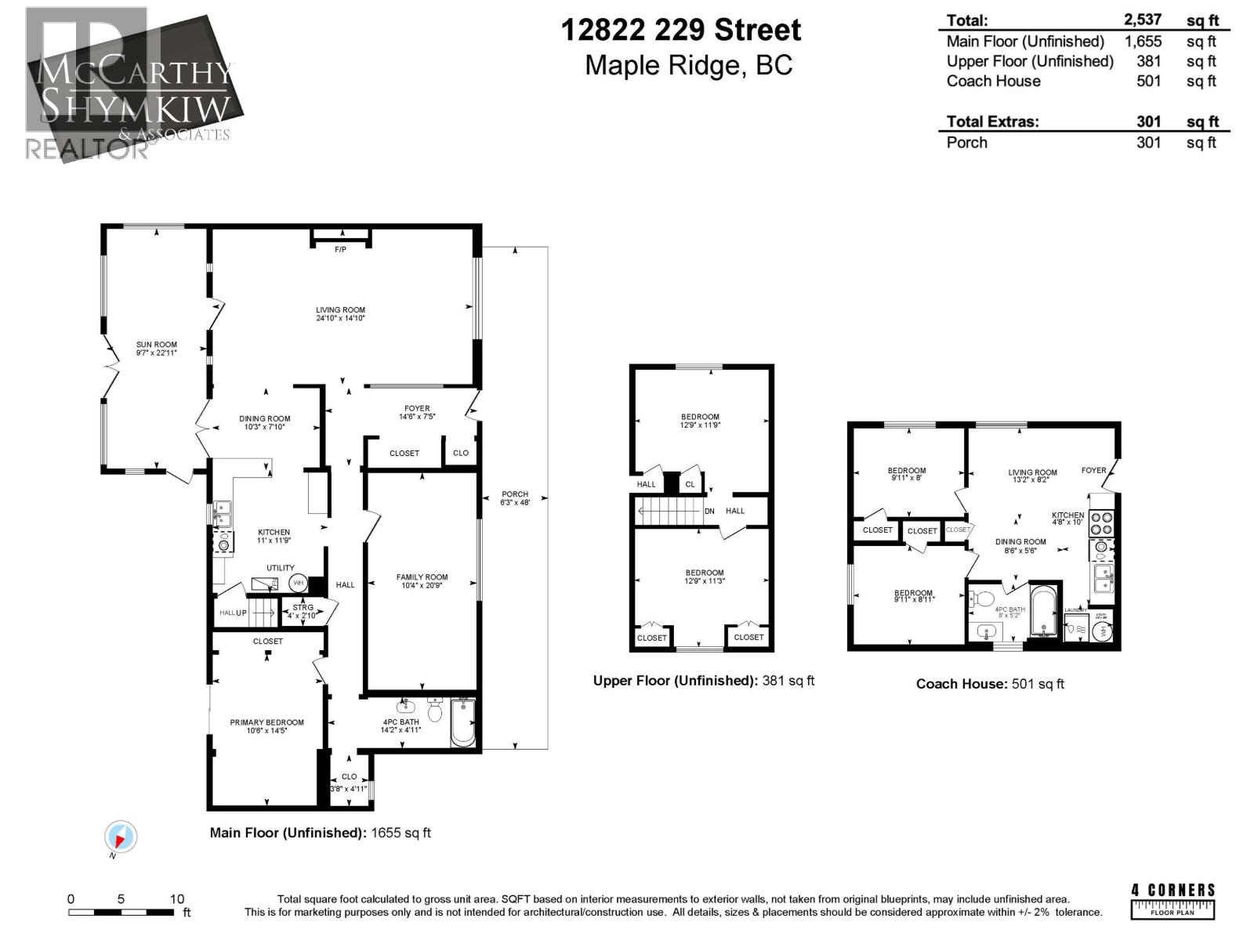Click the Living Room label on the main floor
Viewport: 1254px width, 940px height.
pyautogui.click(x=340, y=310)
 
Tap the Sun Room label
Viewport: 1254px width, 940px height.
pyautogui.click(x=156, y=345)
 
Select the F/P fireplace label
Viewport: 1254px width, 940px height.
pyautogui.click(x=340, y=250)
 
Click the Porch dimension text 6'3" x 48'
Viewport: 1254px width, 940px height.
pyautogui.click(x=515, y=503)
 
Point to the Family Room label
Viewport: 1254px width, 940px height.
pyautogui.click(x=422, y=577)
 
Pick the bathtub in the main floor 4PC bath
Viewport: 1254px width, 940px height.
pyautogui.click(x=463, y=722)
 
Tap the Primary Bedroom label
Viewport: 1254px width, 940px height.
pyautogui.click(x=266, y=722)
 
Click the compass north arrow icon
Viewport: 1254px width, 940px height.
pyautogui.click(x=121, y=838)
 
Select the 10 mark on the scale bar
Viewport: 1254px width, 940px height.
pyautogui.click(x=177, y=899)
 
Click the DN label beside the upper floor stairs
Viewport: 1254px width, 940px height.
pyautogui.click(x=709, y=512)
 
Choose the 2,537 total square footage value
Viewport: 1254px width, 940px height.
pyautogui.click(x=1143, y=20)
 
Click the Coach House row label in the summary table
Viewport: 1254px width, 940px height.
pyautogui.click(x=993, y=81)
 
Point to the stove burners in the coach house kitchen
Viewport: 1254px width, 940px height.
pyautogui.click(x=1100, y=523)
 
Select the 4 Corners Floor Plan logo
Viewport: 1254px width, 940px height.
pyautogui.click(x=1172, y=900)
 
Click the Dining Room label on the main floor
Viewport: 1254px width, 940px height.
pyautogui.click(x=264, y=419)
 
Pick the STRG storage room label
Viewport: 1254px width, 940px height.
pyautogui.click(x=303, y=607)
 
